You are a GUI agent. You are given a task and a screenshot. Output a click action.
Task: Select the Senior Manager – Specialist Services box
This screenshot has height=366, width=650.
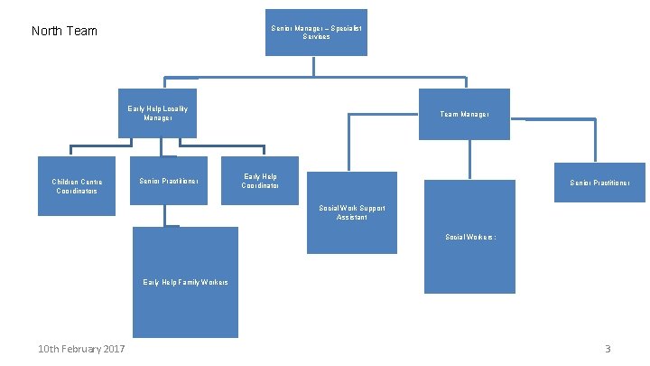pos(315,33)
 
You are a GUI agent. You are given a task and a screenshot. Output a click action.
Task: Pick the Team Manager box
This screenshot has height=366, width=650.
pos(464,114)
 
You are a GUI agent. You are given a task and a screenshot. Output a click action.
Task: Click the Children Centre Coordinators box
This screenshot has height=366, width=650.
pos(77,186)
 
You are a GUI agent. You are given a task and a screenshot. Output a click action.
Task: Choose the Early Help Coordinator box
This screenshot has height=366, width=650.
pos(260,181)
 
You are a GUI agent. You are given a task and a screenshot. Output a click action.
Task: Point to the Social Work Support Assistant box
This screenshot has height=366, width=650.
pos(351,213)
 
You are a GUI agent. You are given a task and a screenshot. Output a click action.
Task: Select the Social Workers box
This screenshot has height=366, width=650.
pos(469,237)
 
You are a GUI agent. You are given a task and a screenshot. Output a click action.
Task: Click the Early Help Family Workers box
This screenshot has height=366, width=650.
pos(185,282)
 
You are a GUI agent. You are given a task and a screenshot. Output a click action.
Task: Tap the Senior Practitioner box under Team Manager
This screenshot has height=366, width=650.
pos(599,183)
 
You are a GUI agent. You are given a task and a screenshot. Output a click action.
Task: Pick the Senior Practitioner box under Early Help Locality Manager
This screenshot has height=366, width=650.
pos(168,181)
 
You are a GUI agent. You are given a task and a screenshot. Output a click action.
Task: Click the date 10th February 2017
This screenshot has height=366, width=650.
pos(81,350)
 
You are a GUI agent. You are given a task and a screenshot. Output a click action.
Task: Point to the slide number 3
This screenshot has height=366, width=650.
pos(608,350)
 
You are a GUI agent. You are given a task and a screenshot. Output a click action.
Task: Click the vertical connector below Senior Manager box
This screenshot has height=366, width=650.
pos(314,67)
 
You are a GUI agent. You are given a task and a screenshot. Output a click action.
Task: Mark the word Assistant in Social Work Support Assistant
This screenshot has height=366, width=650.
pos(351,218)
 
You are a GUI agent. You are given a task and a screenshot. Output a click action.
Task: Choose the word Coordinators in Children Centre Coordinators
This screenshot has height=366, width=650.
pos(77,191)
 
